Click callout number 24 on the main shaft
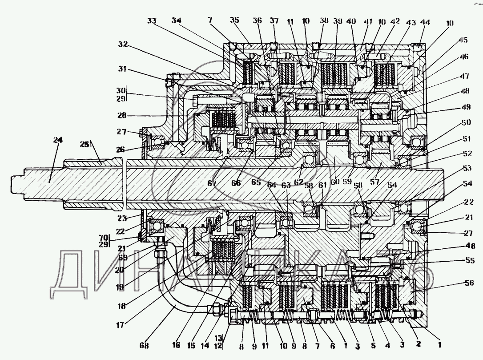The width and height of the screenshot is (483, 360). [58, 140]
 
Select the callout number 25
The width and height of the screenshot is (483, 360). [84, 144]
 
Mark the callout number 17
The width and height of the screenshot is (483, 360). [120, 324]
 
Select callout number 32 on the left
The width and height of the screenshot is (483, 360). [123, 44]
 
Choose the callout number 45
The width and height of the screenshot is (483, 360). [463, 40]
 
